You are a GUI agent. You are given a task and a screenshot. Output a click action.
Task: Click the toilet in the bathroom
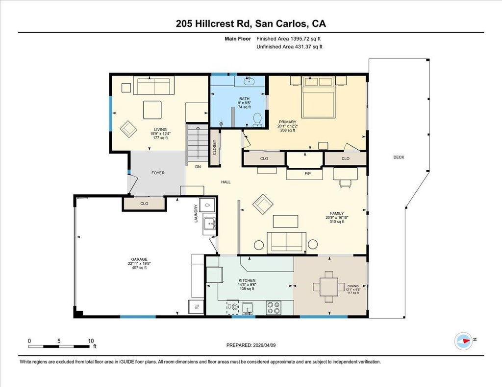point(257,120)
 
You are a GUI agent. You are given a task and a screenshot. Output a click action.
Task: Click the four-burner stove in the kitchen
point(273,308)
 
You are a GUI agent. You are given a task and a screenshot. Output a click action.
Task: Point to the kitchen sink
point(248,308)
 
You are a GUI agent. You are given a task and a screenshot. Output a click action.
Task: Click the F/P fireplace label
point(307,174)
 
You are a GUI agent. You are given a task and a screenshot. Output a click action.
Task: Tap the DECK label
point(399,157)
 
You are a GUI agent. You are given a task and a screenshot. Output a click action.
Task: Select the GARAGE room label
point(139,259)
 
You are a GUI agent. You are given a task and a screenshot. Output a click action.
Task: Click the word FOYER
point(158,173)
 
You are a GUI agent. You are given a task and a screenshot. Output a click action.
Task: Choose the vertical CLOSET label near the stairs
point(215,148)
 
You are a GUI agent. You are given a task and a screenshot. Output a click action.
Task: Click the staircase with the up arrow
point(198,144)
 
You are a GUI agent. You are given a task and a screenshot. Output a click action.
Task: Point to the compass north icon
point(463,341)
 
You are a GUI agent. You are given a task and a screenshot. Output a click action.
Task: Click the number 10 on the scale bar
point(91,341)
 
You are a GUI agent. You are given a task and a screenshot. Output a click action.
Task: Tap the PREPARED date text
point(251,345)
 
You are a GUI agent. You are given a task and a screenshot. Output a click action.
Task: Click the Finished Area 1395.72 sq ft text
point(288,39)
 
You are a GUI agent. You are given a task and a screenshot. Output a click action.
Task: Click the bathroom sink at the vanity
point(249,81)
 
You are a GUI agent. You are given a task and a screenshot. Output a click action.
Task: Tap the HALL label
point(226,182)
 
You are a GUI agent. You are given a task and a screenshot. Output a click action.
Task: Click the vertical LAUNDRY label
point(196,213)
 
